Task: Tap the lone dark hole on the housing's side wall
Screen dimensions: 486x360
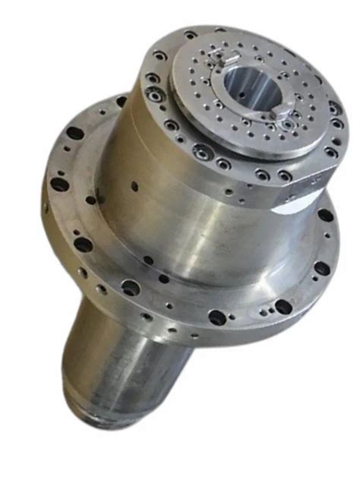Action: (x=134, y=183)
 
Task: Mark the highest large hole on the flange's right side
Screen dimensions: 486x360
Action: (x=325, y=216)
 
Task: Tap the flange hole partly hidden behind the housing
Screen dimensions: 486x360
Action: (x=122, y=102)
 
